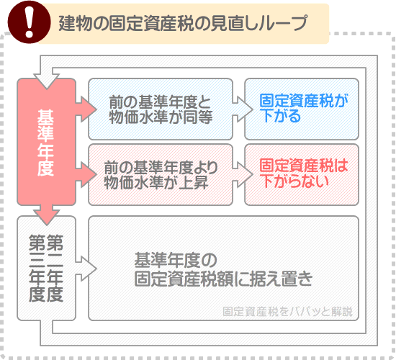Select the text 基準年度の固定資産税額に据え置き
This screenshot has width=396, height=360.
point(223,269)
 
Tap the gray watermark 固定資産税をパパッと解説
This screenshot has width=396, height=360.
point(288,311)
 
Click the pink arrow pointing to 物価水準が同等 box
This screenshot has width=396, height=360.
point(87,109)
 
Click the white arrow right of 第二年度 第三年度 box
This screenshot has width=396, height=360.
point(87,269)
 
